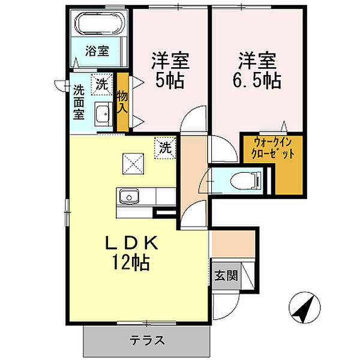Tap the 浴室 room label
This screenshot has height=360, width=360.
97,51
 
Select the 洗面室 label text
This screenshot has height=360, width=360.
79,102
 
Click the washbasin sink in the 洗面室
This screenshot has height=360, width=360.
103,114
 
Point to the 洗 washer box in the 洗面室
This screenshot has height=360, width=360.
102,84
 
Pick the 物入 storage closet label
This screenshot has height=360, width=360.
122,102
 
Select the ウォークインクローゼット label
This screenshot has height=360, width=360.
272,148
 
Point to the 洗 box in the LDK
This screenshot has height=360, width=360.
166,148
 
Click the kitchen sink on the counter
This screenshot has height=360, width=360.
128,197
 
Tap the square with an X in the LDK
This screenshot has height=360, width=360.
133,164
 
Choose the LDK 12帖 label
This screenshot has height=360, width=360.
131,253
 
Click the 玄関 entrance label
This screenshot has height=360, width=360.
226,275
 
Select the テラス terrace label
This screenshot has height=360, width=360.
147,340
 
